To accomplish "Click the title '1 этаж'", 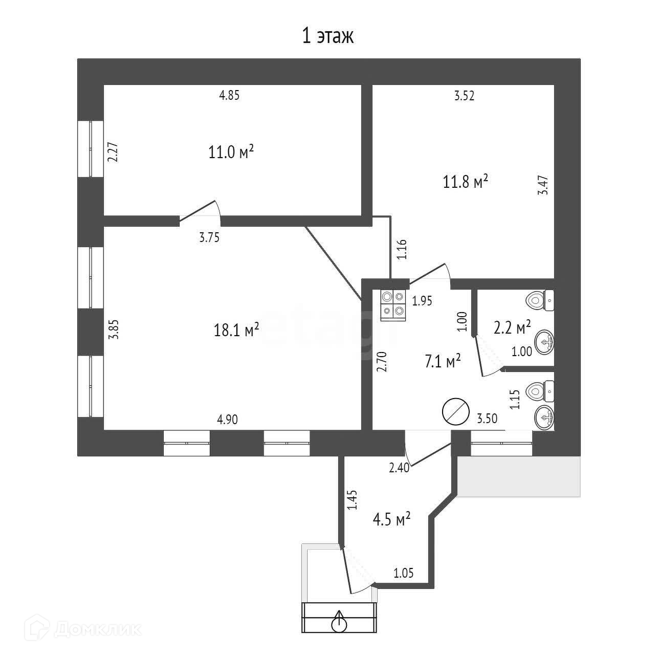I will click(328, 37).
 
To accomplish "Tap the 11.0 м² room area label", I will click(231, 152).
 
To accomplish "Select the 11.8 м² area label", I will click(465, 182).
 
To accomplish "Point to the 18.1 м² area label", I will click(236, 330).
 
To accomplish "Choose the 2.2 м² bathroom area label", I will click(512, 327).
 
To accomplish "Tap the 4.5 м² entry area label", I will click(392, 520).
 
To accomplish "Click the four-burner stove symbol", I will click(393, 305).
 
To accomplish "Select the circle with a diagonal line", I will click(455, 411).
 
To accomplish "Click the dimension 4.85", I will click(229, 95).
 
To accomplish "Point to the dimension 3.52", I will click(464, 96).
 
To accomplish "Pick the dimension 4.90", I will click(228, 420).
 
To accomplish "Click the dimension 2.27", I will click(113, 152).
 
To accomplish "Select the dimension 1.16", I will click(402, 250).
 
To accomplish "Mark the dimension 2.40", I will click(399, 468).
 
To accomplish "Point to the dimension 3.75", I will click(209, 237).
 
